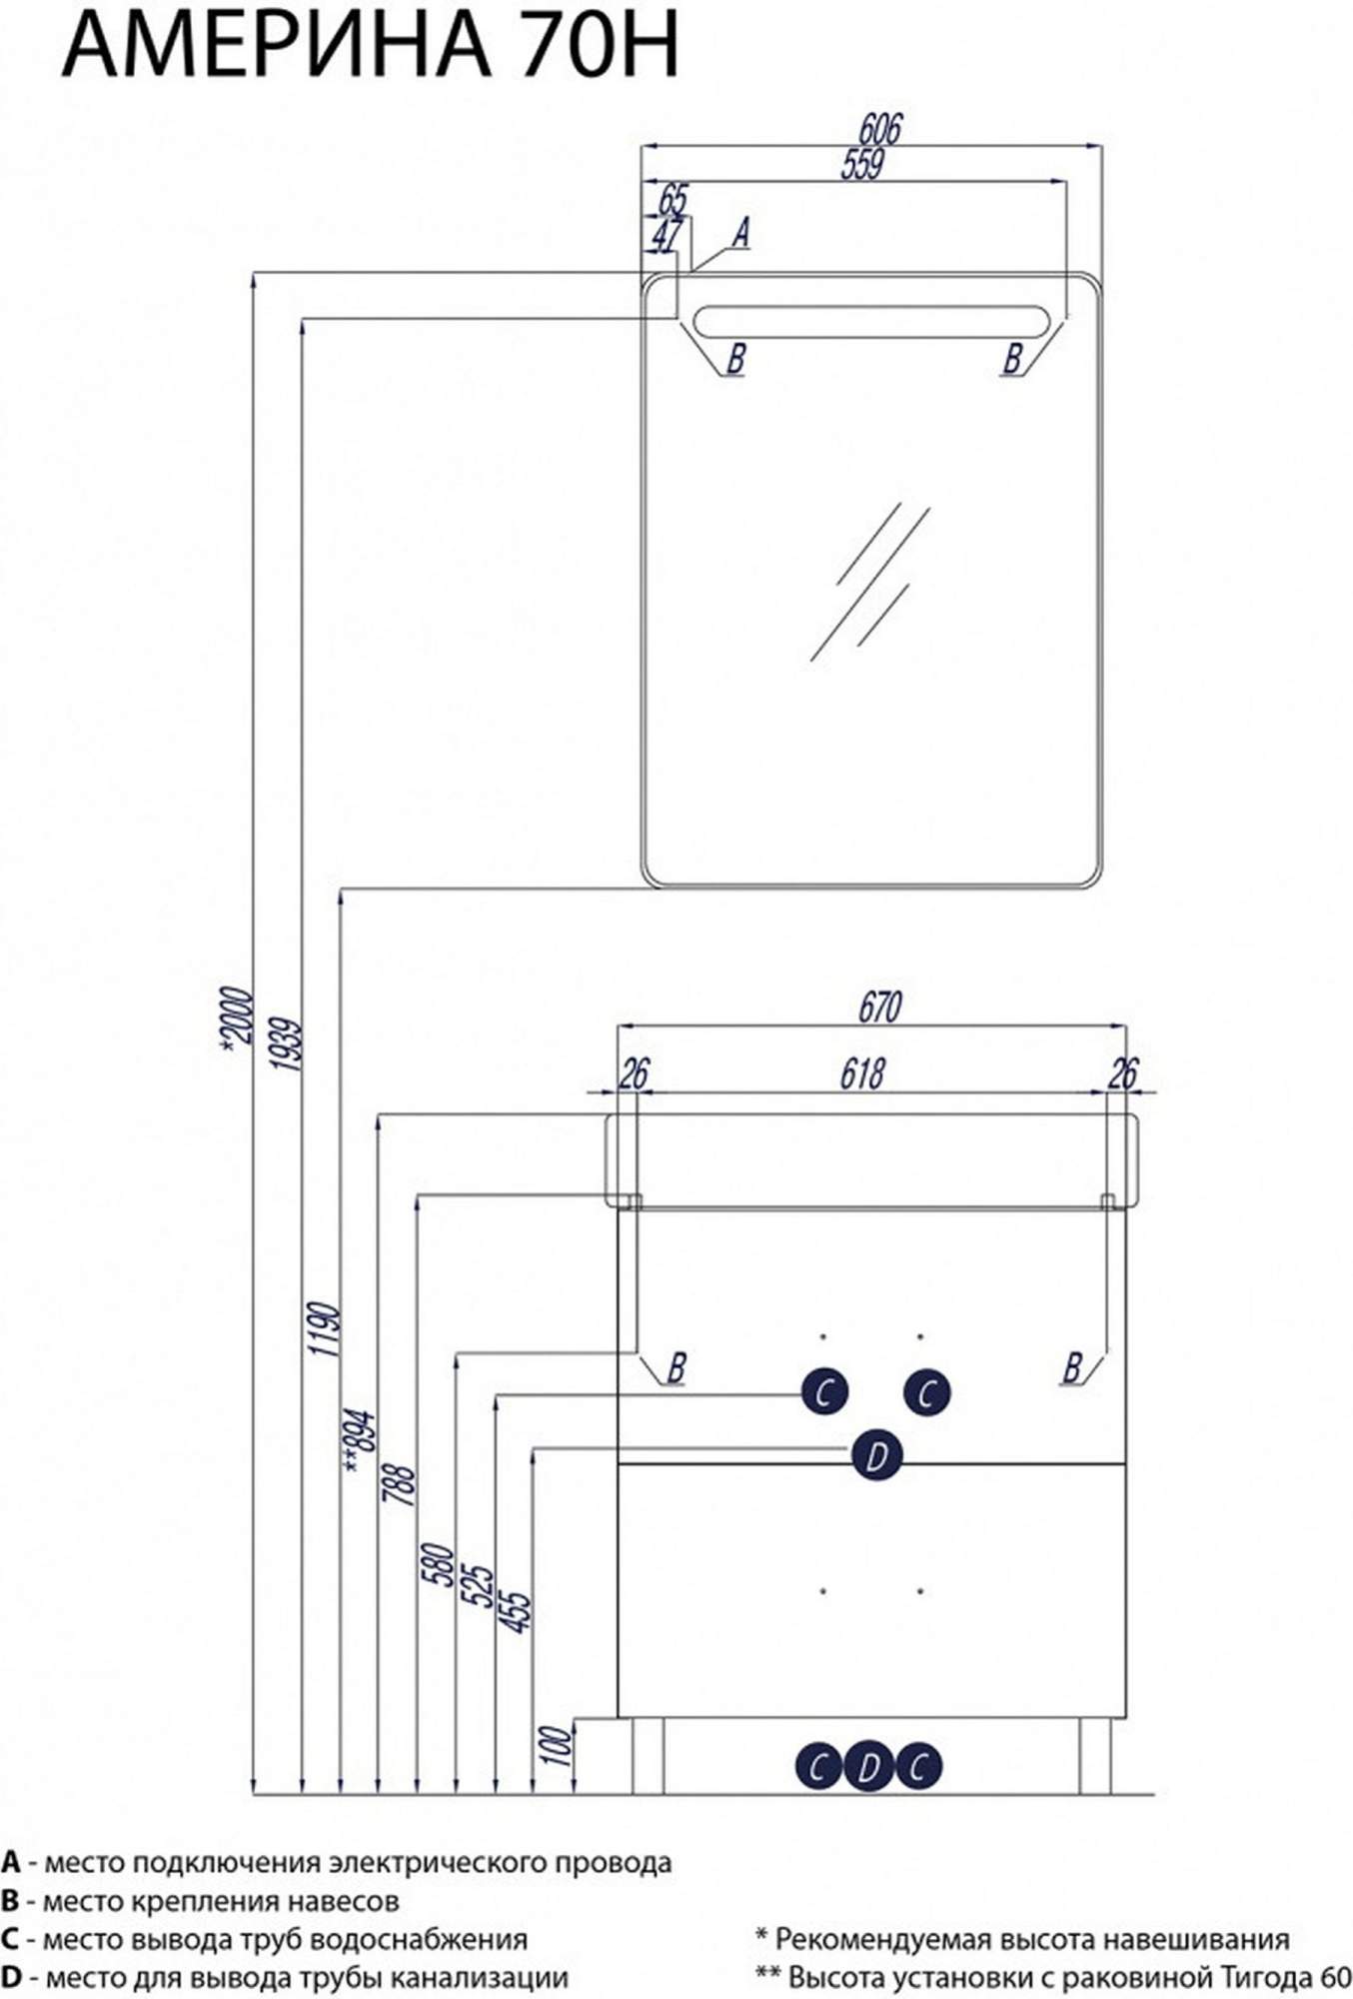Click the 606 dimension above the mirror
[x=879, y=129]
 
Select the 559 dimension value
[x=862, y=164]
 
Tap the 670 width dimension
[x=879, y=1006]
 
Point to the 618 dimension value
[x=861, y=1073]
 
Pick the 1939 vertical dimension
[x=285, y=1044]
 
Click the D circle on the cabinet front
[x=876, y=1456]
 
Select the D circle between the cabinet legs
[x=867, y=1767]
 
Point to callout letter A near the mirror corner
[x=740, y=233]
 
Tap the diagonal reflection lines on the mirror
[x=870, y=581]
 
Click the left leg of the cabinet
[x=648, y=1755]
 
